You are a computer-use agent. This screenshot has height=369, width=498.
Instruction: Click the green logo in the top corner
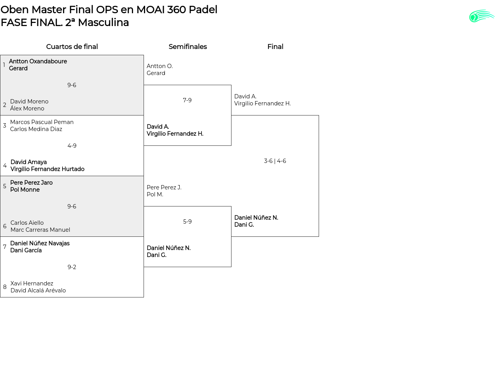click(482, 16)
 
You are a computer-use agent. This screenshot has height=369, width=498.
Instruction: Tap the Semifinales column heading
click(188, 47)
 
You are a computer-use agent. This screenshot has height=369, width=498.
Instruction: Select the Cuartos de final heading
click(72, 47)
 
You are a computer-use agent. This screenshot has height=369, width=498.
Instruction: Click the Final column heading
click(275, 47)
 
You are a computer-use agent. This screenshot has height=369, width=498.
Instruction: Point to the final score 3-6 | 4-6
click(275, 161)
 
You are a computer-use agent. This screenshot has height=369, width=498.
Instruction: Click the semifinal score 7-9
click(187, 100)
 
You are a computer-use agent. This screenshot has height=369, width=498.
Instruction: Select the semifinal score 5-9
click(187, 222)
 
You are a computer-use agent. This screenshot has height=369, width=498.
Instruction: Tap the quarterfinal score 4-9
click(72, 146)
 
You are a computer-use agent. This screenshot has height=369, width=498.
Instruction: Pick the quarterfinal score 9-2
click(72, 267)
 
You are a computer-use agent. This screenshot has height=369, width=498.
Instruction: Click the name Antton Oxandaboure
click(38, 61)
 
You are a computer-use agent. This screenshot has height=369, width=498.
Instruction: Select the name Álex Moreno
click(27, 108)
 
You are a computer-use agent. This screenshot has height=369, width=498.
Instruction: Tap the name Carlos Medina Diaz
click(36, 129)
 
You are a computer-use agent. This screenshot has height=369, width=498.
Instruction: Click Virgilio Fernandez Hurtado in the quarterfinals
click(47, 169)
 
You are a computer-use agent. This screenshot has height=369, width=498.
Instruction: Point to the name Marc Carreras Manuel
click(40, 230)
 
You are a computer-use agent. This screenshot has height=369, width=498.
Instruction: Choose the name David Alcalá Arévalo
click(38, 290)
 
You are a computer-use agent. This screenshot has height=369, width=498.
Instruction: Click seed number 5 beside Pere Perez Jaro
click(5, 186)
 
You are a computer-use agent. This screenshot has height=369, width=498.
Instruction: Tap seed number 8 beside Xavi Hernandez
click(5, 287)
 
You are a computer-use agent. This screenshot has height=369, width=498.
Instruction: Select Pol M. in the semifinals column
click(155, 194)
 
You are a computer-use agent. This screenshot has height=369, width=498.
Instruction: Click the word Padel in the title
click(203, 10)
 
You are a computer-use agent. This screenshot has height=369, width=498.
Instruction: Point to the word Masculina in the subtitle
click(103, 23)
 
